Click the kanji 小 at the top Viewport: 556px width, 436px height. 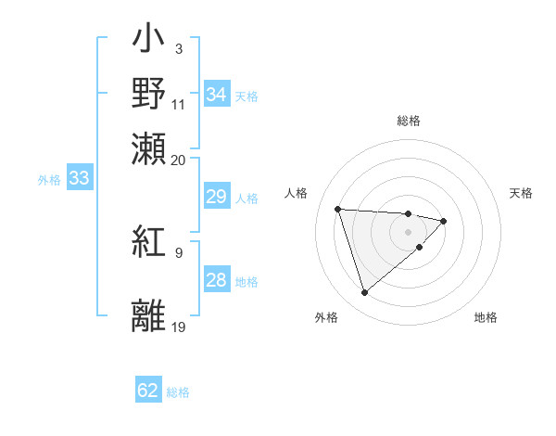(148, 43)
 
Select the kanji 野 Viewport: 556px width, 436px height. (148, 93)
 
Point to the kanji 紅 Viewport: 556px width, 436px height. (148, 244)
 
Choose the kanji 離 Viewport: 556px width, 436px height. (148, 314)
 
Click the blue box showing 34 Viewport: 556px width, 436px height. (216, 95)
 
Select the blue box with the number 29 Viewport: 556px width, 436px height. (216, 197)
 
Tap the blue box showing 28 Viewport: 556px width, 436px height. (216, 280)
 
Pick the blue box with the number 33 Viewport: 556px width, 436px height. (79, 179)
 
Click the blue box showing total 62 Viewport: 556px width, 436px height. (148, 391)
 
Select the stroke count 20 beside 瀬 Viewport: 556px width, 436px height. (179, 160)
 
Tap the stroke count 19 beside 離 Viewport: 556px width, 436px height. (179, 327)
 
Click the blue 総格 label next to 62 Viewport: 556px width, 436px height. (178, 392)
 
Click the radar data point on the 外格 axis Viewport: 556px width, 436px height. (364, 293)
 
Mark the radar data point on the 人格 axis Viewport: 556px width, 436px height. (338, 209)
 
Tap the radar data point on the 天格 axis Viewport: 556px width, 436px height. (444, 221)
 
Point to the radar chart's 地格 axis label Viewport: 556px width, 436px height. (486, 318)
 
